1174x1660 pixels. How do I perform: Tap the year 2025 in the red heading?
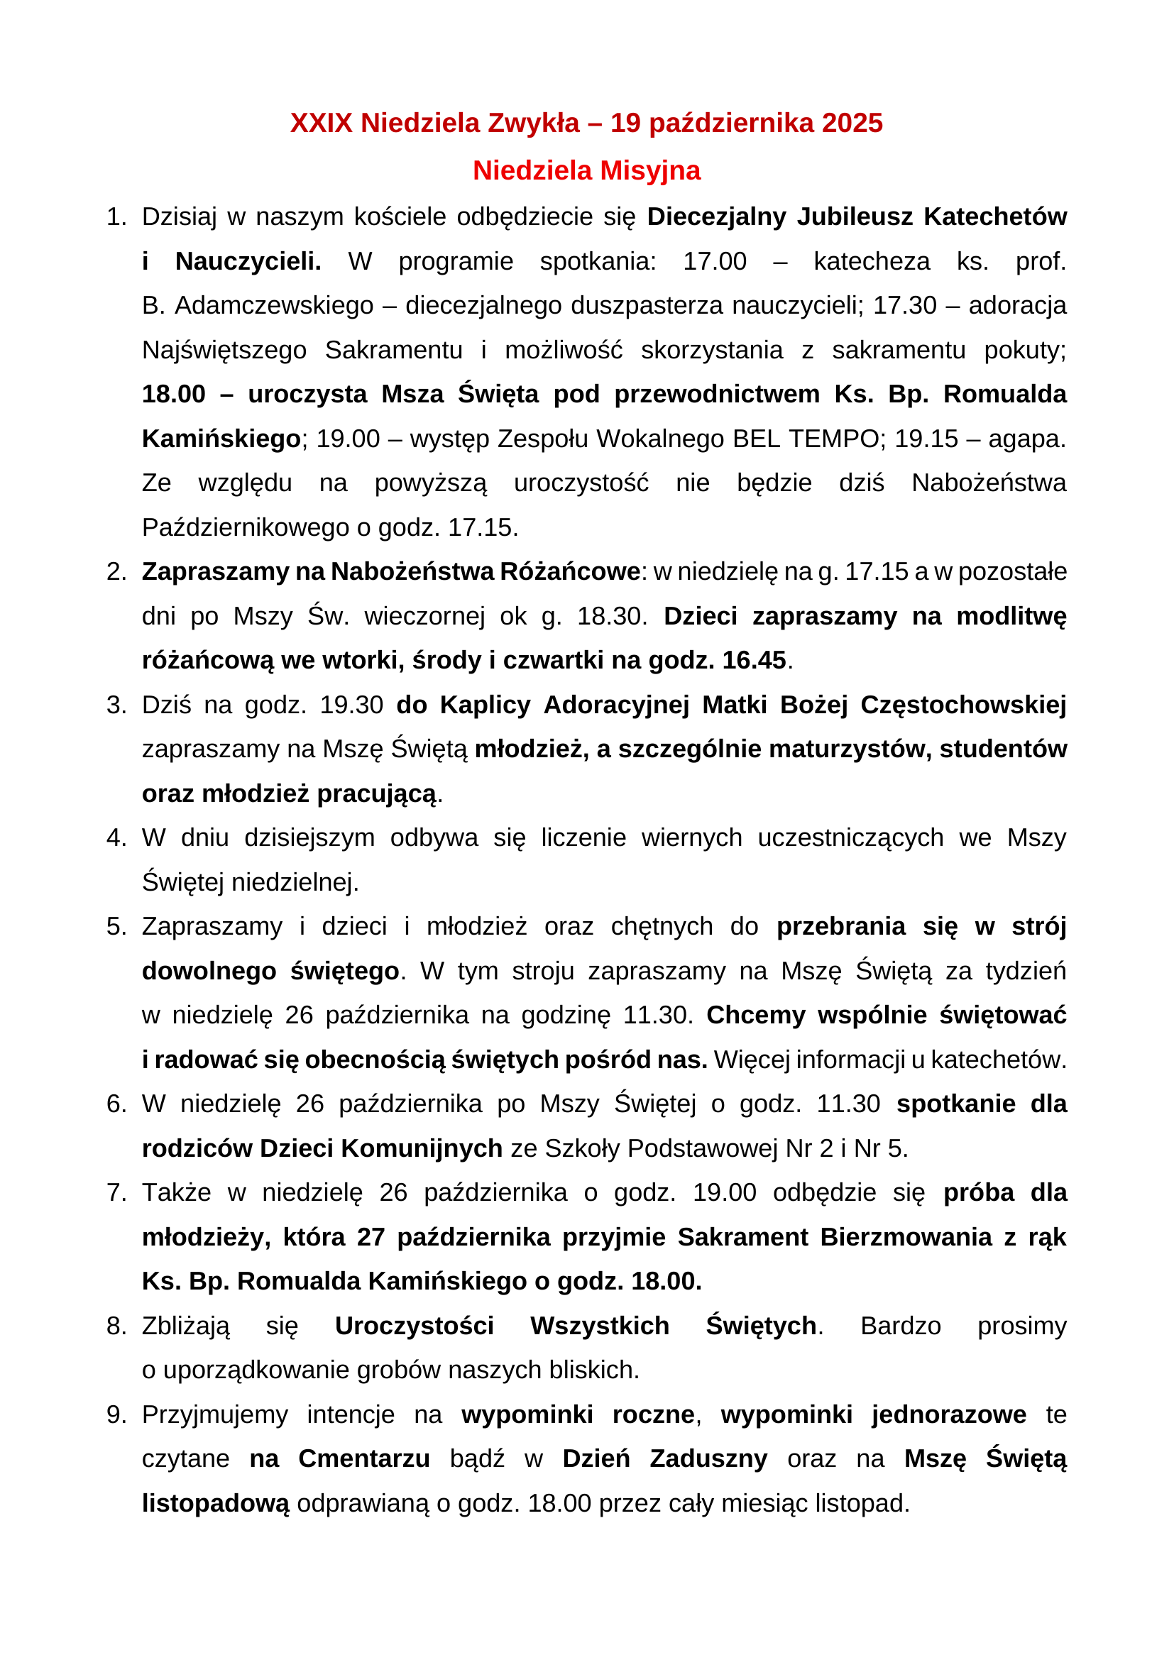[852, 123]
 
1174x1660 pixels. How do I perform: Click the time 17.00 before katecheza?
[714, 261]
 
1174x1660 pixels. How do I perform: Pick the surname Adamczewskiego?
[274, 306]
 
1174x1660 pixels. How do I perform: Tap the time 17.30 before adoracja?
[904, 306]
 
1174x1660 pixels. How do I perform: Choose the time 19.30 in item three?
[351, 705]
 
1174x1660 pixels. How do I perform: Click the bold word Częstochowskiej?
[963, 705]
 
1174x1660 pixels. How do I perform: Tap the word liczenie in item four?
[583, 838]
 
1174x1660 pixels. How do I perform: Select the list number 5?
[116, 927]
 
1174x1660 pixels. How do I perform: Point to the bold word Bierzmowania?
[906, 1237]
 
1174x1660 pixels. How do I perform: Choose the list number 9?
[116, 1415]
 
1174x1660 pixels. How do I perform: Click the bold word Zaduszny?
[708, 1459]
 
